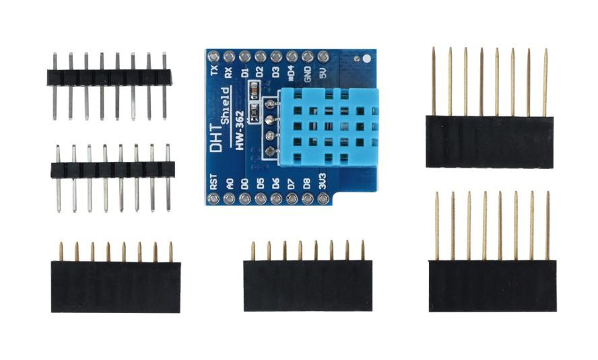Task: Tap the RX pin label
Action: pos(229,73)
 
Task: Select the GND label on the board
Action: pos(308,74)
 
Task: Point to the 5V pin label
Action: pos(323,73)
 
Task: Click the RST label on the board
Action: pos(213,182)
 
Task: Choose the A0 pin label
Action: pos(229,184)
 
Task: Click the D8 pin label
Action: pos(307,184)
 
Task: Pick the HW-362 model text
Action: pos(240,131)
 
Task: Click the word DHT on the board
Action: pos(216,141)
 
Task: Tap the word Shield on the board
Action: pos(225,106)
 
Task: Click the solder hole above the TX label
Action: pos(213,57)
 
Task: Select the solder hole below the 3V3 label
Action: pos(323,198)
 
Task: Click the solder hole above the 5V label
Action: pos(323,57)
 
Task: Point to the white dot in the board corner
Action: pos(366,59)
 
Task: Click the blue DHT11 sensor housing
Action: pos(329,127)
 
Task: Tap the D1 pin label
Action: pos(245,73)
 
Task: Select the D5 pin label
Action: pos(261,184)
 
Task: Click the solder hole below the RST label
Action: pos(213,198)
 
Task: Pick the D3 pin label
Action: pos(276,73)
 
